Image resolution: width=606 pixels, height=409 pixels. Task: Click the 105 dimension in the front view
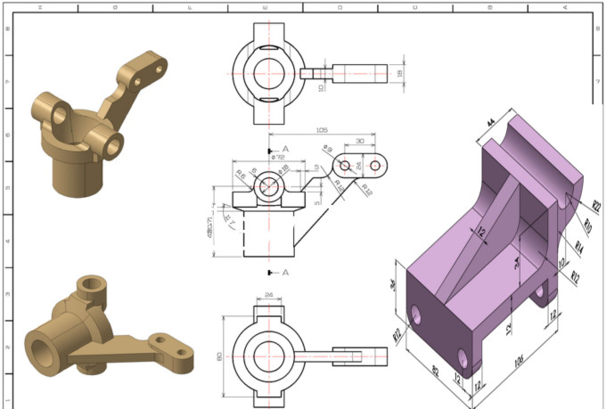321,130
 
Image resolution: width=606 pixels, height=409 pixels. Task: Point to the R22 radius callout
595,207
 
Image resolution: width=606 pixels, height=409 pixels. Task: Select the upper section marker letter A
284,149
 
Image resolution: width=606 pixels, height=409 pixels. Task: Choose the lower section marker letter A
284,272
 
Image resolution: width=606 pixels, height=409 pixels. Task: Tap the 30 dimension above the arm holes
359,142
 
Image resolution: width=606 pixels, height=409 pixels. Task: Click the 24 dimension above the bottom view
268,295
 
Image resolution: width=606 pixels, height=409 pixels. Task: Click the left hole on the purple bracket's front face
416,314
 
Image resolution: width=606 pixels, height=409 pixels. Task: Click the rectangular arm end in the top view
360,71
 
